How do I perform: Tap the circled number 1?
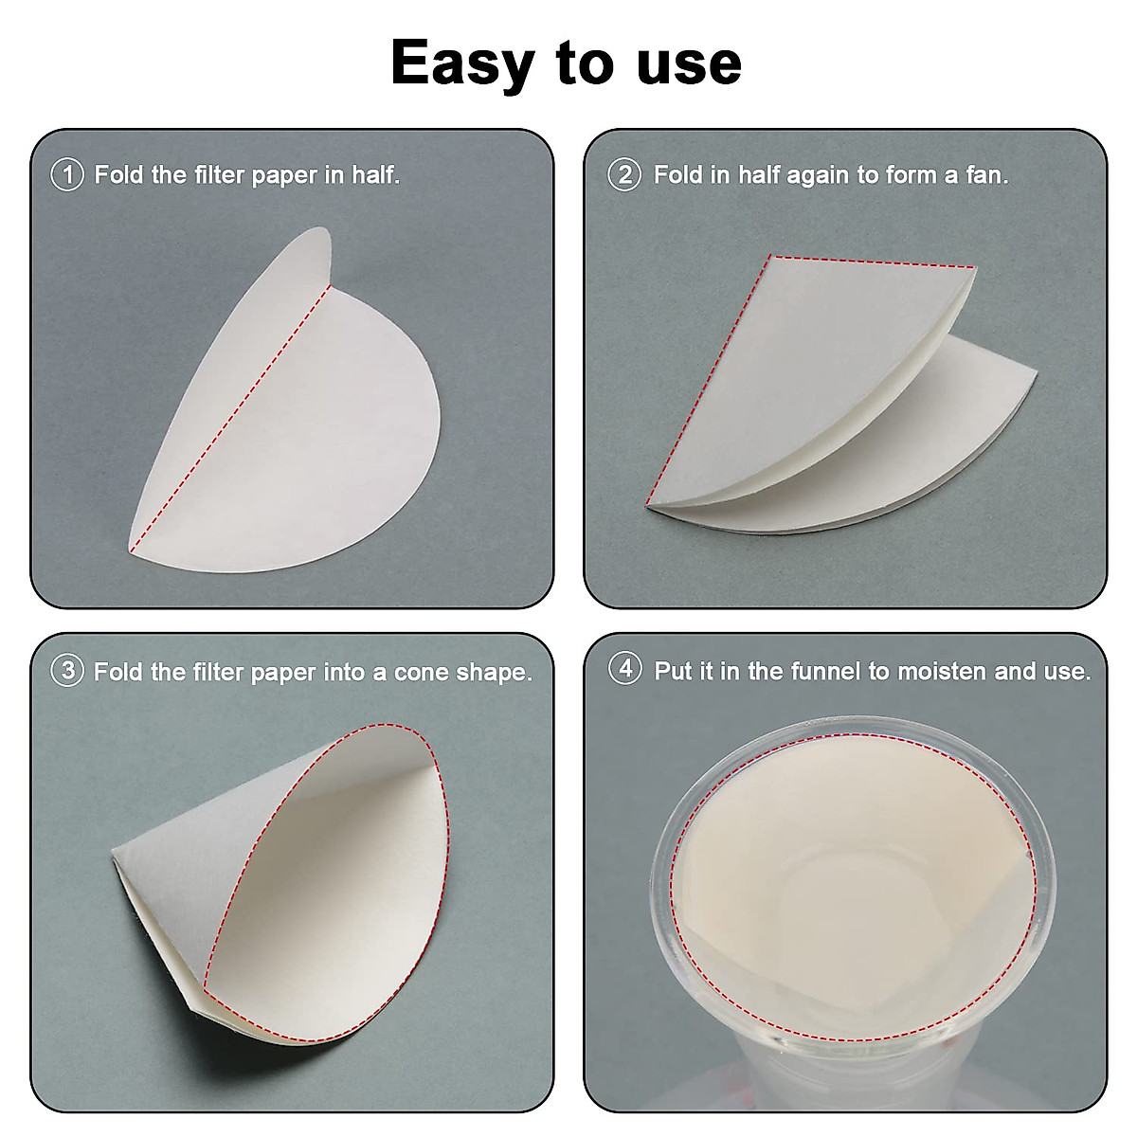tap(66, 175)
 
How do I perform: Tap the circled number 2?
tap(624, 175)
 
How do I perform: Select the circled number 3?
tap(66, 672)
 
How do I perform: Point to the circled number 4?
tap(625, 669)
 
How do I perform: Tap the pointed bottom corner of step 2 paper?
tap(649, 504)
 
